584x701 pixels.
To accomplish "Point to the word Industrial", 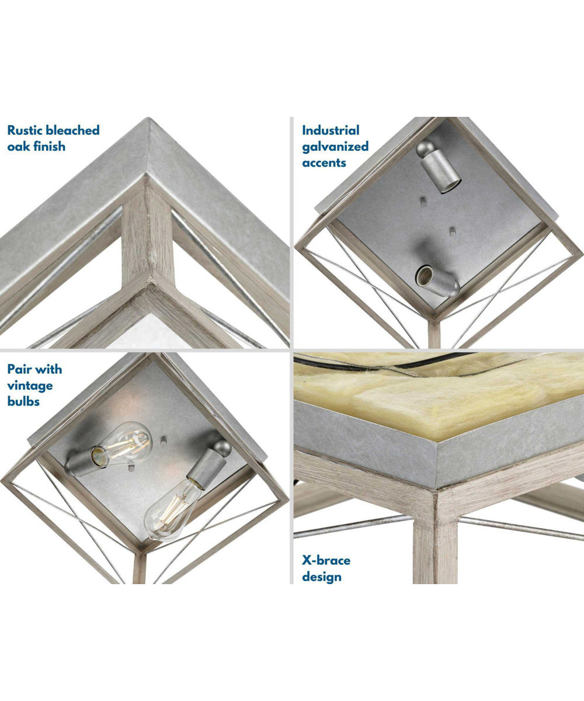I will point(331,130).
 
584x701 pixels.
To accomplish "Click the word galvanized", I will point(335,147).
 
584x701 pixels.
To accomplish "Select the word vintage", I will point(30,386).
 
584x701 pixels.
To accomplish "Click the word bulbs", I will point(23,401).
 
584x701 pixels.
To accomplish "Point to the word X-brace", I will point(326,560).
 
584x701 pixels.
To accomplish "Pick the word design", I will point(321,577).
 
